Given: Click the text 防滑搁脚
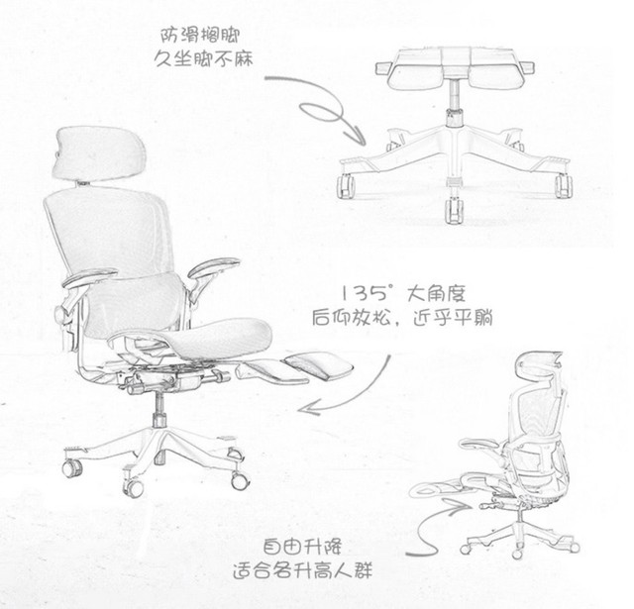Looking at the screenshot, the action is pyautogui.click(x=200, y=36).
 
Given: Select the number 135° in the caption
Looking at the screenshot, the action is pyautogui.click(x=367, y=293).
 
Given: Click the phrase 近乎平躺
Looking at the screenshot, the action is pyautogui.click(x=454, y=319).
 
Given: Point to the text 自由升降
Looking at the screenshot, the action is pyautogui.click(x=302, y=547).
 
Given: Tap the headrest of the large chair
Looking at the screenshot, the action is pyautogui.click(x=99, y=152).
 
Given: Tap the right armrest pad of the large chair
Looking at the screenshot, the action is pyautogui.click(x=214, y=266).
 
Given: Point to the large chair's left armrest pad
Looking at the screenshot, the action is pyautogui.click(x=89, y=277).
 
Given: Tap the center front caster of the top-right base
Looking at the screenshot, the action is pyautogui.click(x=453, y=210).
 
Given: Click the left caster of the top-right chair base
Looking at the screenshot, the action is pyautogui.click(x=346, y=186).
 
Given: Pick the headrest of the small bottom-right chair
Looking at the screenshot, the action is pyautogui.click(x=538, y=365).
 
